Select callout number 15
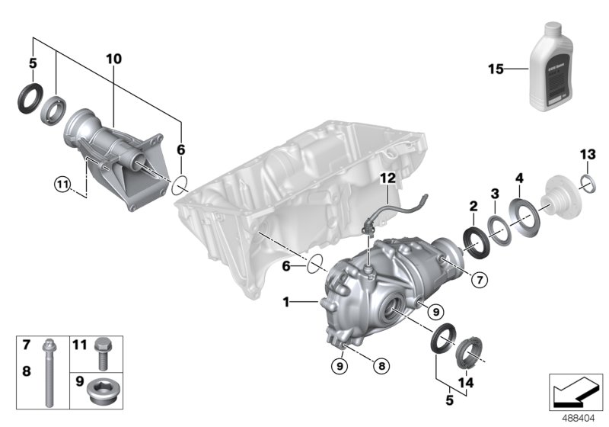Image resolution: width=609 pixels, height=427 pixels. point(496,69)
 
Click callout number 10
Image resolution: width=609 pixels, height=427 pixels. point(113,59)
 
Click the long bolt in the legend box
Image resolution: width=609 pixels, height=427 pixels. point(49,374)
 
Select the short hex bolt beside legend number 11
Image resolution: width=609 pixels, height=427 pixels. point(103,352)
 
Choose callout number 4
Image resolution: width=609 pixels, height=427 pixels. point(520,178)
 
